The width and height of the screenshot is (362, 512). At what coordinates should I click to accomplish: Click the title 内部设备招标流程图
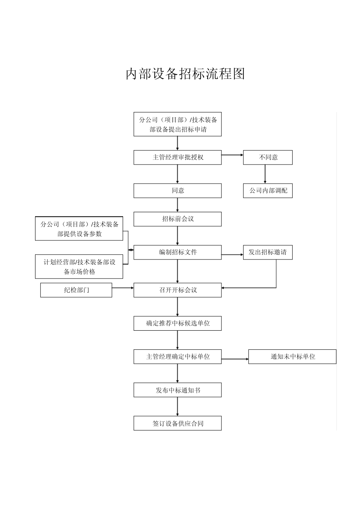185,74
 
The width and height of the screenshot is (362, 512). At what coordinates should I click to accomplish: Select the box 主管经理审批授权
178,157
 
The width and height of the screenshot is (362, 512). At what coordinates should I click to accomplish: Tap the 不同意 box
268,157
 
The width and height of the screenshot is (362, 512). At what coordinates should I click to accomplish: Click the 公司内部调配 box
268,190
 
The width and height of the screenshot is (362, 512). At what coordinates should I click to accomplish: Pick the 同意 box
178,190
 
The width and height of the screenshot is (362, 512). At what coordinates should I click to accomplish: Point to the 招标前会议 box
178,219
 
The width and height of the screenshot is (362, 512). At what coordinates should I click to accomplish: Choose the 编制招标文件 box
178,252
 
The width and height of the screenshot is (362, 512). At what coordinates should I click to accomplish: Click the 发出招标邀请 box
268,252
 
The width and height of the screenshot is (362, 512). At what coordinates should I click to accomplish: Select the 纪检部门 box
76,290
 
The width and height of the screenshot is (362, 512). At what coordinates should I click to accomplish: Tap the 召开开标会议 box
178,290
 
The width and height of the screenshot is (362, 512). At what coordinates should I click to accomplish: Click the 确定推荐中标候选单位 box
178,323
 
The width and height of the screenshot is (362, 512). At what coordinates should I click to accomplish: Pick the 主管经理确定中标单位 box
178,357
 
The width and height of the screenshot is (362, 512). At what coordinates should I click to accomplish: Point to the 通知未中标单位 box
292,357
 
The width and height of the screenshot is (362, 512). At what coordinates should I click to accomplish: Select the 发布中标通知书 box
178,390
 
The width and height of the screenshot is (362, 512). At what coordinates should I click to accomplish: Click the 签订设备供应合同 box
178,423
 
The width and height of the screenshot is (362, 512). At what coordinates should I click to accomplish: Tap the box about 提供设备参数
79,229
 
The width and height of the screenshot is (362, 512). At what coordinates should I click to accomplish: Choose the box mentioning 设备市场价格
79,267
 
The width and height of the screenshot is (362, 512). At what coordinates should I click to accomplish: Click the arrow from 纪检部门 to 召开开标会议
123,288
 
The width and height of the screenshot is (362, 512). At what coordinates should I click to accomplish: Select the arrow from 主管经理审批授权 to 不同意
232,155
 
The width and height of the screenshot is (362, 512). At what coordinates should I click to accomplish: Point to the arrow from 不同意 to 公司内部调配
265,174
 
